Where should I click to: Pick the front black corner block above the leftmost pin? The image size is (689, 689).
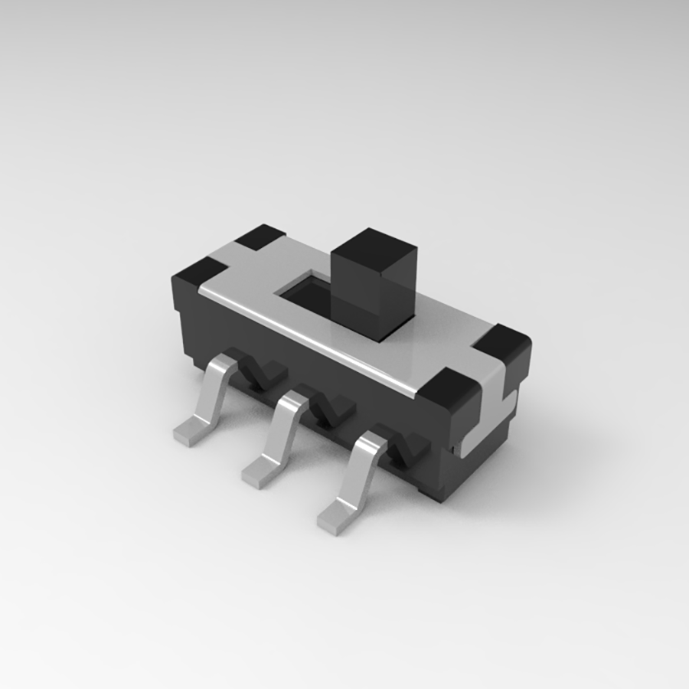pyautogui.click(x=201, y=273)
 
